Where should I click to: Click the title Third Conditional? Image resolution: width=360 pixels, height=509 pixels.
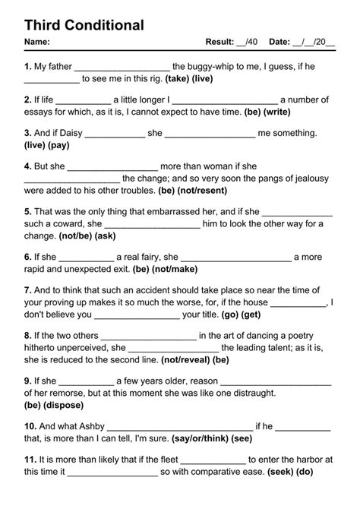(x=84, y=25)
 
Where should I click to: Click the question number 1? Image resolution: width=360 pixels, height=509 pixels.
(x=27, y=67)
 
